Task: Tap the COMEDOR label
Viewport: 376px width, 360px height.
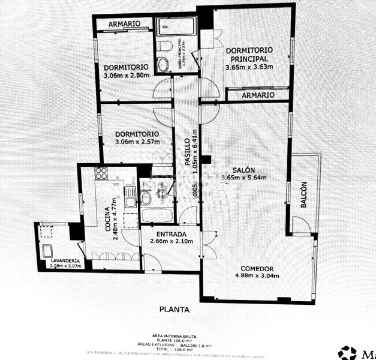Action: click(257, 268)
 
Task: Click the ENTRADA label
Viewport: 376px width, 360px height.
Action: click(163, 233)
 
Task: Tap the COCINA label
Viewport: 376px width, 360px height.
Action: click(109, 218)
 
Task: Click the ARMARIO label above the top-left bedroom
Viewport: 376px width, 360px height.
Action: click(124, 23)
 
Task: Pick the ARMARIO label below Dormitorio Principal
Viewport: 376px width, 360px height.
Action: click(258, 95)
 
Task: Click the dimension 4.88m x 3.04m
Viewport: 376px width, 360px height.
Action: click(257, 276)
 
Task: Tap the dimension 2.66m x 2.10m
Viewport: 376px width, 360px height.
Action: click(162, 242)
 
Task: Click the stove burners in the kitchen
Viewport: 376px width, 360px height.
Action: click(101, 174)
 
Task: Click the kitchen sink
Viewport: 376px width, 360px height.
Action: click(130, 195)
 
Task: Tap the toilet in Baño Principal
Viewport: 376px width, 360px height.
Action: click(163, 65)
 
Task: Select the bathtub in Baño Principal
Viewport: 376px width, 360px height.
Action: click(176, 26)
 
